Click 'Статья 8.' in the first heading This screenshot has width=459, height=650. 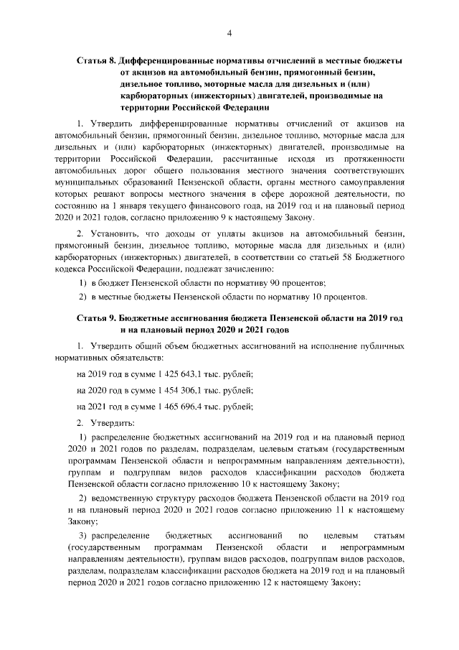click(96, 62)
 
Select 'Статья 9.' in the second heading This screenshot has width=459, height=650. click(96, 318)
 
